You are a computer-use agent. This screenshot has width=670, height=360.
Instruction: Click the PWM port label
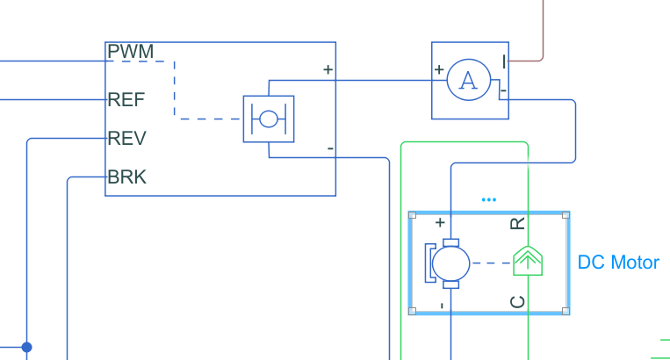pyautogui.click(x=130, y=52)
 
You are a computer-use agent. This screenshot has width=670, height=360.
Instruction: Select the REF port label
pyautogui.click(x=126, y=99)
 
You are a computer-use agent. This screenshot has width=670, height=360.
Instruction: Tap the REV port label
pyautogui.click(x=126, y=139)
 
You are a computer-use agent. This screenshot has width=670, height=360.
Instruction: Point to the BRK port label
pyautogui.click(x=127, y=177)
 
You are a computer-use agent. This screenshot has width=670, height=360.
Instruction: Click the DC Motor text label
pyautogui.click(x=618, y=263)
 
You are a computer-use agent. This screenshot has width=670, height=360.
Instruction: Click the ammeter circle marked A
pyautogui.click(x=469, y=81)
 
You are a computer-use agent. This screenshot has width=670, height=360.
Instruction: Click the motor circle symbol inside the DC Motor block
pyautogui.click(x=451, y=263)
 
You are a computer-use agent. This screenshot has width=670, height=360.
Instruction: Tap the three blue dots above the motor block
pyautogui.click(x=489, y=200)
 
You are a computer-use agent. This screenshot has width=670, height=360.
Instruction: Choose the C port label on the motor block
pyautogui.click(x=518, y=302)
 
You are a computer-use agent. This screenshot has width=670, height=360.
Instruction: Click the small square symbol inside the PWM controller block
pyautogui.click(x=268, y=119)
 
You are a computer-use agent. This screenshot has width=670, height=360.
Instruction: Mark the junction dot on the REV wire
pyautogui.click(x=27, y=347)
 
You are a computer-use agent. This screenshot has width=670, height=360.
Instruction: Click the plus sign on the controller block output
pyautogui.click(x=328, y=69)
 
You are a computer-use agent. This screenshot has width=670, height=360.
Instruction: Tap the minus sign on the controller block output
pyautogui.click(x=330, y=149)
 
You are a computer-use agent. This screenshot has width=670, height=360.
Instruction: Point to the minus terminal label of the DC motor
pyautogui.click(x=440, y=305)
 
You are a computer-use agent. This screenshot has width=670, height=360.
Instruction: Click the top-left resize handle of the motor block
pyautogui.click(x=412, y=214)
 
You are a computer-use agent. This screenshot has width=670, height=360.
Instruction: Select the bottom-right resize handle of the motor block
pyautogui.click(x=566, y=310)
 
